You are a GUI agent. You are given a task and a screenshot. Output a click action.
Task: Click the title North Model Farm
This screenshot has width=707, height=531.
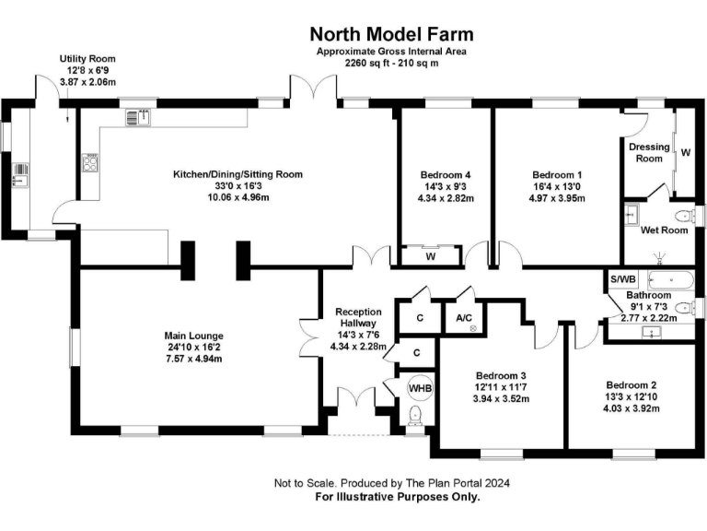pyautogui.click(x=391, y=35)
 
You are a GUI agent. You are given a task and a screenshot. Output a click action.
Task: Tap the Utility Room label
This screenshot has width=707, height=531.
pyautogui.click(x=87, y=58)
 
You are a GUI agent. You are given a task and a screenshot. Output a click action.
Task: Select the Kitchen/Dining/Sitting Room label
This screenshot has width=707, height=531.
pyautogui.click(x=238, y=173)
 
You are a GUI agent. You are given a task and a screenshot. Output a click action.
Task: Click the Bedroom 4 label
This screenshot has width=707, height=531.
pyautogui.click(x=446, y=174)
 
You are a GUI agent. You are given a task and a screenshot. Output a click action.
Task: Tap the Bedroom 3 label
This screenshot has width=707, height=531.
pyautogui.click(x=501, y=375)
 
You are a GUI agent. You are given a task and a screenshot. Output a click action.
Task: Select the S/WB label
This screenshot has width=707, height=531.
pyautogui.click(x=622, y=278)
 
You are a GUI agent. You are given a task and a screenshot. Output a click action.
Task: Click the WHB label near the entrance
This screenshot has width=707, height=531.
pyautogui.click(x=419, y=388)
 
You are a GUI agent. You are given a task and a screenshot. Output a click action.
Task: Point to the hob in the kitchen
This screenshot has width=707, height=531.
pyautogui.click(x=91, y=163)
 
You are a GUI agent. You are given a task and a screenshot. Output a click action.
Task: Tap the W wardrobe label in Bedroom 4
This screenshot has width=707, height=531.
pyautogui.click(x=430, y=256)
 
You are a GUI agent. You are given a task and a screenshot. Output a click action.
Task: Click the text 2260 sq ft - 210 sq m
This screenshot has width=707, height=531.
pyautogui.click(x=391, y=65)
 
